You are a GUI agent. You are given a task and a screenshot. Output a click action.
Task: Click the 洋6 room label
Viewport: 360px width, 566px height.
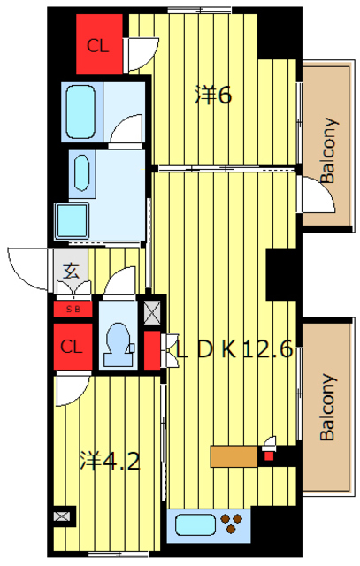213,96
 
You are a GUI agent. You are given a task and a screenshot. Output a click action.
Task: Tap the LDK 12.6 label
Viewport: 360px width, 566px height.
234,349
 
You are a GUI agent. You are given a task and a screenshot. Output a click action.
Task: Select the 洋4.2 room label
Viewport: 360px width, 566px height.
110,461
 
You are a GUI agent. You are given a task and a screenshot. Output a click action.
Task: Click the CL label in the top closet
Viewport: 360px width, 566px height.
98,46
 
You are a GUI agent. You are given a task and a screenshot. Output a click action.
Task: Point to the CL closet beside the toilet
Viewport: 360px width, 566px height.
73,347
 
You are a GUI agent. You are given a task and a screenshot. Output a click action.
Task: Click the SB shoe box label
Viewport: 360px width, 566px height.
73,310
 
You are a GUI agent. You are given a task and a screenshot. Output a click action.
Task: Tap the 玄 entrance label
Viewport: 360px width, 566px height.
71,272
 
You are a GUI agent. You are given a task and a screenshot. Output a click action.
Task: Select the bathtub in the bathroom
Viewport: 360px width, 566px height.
80,111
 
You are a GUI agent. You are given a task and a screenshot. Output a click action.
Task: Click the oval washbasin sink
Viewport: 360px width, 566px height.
81,172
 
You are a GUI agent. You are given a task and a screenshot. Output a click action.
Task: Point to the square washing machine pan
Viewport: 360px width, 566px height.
72,221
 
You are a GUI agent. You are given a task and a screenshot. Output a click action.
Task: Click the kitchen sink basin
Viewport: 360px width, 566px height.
195,525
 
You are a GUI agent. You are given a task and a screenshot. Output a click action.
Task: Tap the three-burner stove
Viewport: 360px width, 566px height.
231,524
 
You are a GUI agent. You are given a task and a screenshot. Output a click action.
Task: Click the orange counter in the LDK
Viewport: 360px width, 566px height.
234,456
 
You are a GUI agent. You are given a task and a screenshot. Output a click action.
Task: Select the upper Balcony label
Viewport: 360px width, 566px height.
328,150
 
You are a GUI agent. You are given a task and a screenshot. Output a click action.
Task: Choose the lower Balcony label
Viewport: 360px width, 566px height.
328,407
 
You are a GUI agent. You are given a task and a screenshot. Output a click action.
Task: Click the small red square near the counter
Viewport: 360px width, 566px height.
269,456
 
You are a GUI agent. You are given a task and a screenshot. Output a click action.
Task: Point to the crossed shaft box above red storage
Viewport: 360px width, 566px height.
151,311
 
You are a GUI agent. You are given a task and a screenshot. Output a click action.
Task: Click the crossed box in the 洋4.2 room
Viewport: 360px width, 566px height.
61,516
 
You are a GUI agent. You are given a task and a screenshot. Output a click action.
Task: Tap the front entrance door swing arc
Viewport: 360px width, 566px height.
19,275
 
